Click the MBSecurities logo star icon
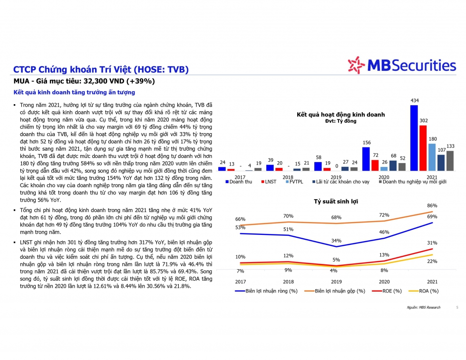click(x=356, y=65)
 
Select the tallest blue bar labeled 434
click(x=414, y=138)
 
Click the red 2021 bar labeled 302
click(x=423, y=148)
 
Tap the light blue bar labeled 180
click(x=432, y=157)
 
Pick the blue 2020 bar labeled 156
click(x=366, y=158)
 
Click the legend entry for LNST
click(x=269, y=182)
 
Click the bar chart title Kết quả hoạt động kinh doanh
click(x=340, y=115)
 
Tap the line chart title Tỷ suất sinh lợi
click(x=336, y=202)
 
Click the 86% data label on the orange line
click(x=432, y=206)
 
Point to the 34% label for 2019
click(x=337, y=240)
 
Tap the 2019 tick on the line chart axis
click(x=336, y=282)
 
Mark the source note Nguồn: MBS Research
click(x=423, y=307)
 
